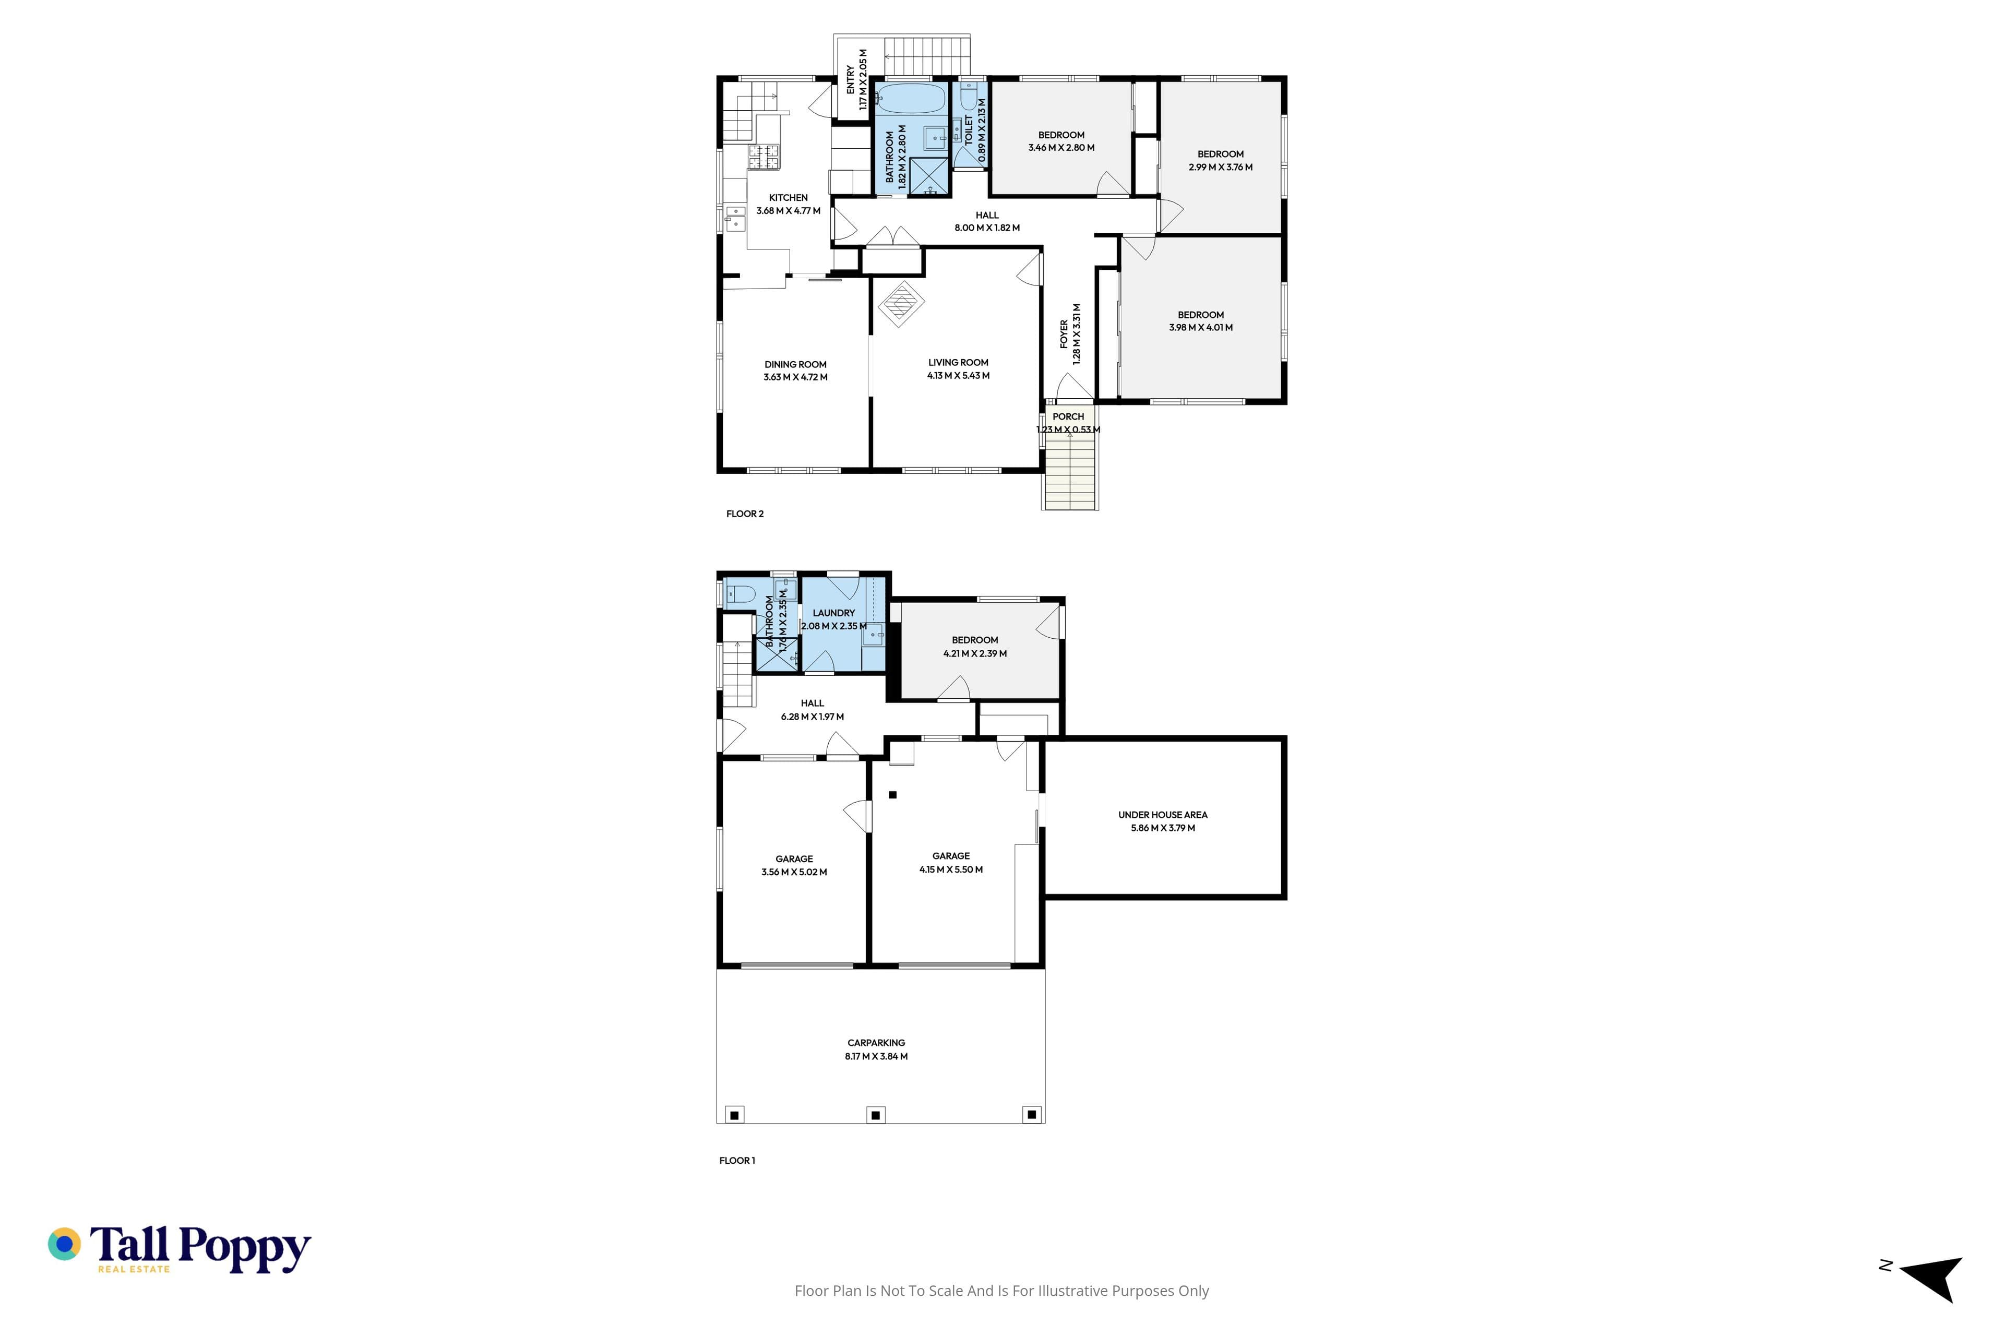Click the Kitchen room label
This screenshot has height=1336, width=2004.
[x=788, y=198]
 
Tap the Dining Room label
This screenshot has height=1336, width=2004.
[x=795, y=365]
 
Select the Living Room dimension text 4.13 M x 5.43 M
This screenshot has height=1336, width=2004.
[x=959, y=376]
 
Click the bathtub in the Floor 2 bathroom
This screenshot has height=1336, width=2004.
[x=911, y=98]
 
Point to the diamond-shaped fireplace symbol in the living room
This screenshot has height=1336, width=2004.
[x=901, y=304]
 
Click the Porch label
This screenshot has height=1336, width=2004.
[x=1068, y=416]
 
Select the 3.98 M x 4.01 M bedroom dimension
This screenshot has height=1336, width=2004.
[x=1200, y=327]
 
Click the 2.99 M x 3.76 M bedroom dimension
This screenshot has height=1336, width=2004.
[x=1220, y=167]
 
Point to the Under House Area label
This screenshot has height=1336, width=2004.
[x=1163, y=815]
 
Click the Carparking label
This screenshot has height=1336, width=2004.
[x=876, y=1043]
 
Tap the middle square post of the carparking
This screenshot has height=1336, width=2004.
[x=876, y=1115]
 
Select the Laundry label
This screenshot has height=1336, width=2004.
[x=833, y=613]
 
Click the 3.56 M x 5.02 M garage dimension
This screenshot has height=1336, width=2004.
[x=794, y=873]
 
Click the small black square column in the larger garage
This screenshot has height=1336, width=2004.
[x=893, y=795]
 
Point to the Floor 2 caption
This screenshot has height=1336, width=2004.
[x=745, y=514]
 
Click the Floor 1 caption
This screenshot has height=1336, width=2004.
[x=737, y=1161]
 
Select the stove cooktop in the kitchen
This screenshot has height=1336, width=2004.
[x=169, y=156]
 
